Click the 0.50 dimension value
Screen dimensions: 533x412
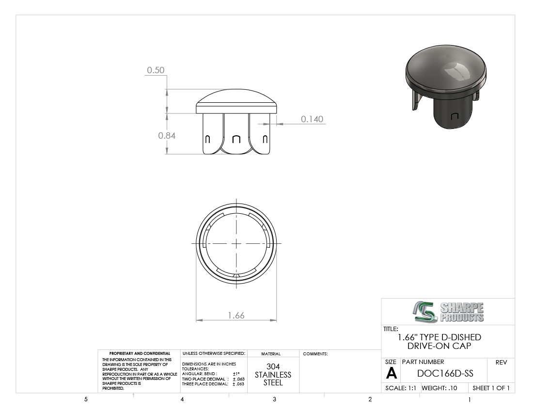156,70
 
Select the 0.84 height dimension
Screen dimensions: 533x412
167,136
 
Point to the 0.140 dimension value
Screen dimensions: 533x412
312,119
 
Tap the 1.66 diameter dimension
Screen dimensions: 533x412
236,316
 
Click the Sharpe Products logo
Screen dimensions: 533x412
448,312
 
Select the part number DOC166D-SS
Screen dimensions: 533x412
445,373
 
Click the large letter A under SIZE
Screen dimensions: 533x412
391,374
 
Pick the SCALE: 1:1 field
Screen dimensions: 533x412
400,388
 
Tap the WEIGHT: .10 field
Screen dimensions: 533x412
439,388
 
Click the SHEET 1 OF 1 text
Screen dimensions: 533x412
491,388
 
